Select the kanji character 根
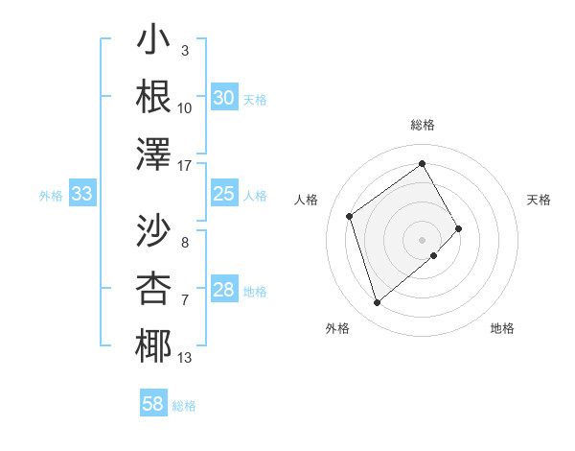click(x=153, y=96)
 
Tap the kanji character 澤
click(x=153, y=154)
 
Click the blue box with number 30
click(x=224, y=98)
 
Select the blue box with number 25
click(x=224, y=195)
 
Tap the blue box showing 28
click(x=224, y=291)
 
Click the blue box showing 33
click(x=81, y=195)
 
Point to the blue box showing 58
click(x=153, y=404)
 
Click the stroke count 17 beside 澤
click(x=186, y=166)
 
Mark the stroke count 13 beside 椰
click(x=185, y=358)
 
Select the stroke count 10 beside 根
click(x=185, y=107)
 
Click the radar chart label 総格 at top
click(x=423, y=125)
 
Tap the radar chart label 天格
click(x=540, y=200)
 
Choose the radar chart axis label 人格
click(x=307, y=200)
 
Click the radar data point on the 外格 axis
click(x=377, y=303)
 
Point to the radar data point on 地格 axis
click(x=434, y=255)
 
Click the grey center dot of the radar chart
click(x=423, y=239)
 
